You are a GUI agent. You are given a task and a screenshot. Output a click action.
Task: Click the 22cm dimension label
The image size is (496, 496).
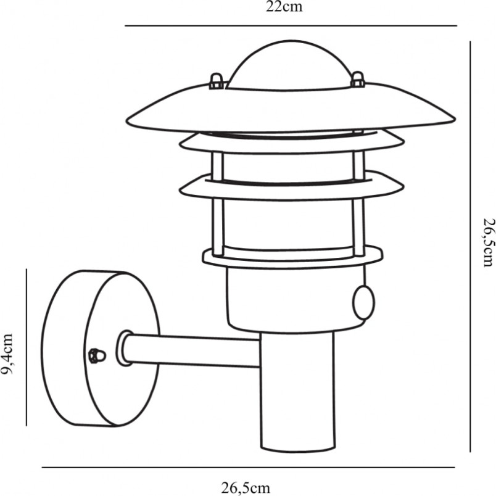click(284, 7)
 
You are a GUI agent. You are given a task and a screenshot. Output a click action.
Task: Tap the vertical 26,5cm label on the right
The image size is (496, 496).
click(488, 242)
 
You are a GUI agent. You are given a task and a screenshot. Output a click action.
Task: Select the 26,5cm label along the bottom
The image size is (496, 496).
click(246, 488)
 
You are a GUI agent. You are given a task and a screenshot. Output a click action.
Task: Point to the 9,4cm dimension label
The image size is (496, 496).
click(7, 353)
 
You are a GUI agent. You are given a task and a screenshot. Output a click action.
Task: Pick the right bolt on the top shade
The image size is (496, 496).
click(358, 79)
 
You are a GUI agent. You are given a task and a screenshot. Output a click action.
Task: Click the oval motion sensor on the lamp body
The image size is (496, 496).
click(364, 302)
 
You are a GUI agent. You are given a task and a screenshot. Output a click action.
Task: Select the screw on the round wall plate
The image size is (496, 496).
click(97, 356)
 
